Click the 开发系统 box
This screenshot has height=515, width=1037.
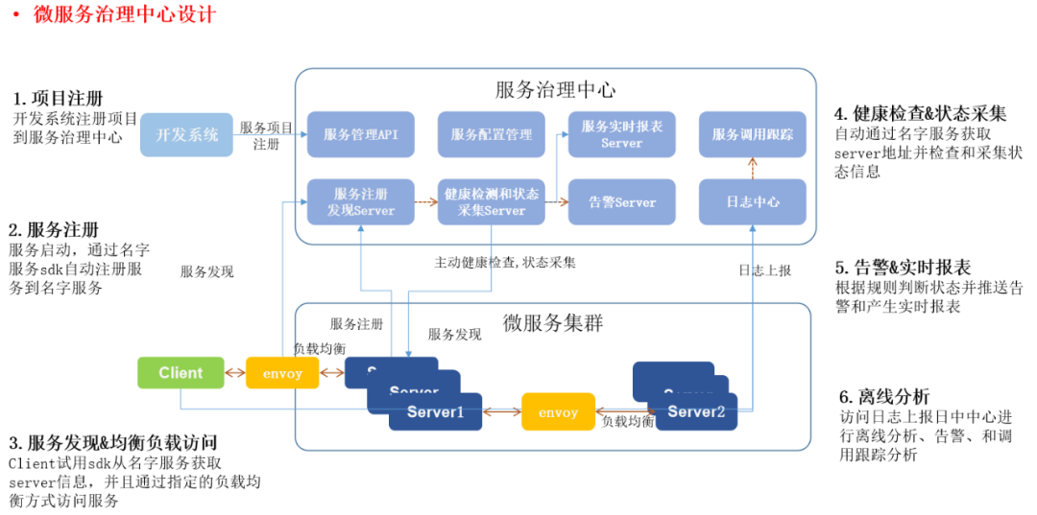pos(187,134)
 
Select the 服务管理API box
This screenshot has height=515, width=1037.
pos(360,134)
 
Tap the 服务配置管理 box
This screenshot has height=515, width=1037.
pos(491,134)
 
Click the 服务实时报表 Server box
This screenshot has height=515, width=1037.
pos(621,134)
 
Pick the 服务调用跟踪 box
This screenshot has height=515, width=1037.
pos(752,134)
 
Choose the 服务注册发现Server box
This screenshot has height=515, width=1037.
pos(360,201)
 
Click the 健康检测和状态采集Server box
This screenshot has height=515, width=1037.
pos(491,201)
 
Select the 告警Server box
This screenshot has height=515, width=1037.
pos(621,201)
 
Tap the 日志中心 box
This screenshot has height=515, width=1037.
pos(752,201)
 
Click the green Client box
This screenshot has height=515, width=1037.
pos(181,373)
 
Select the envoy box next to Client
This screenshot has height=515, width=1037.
pos(282,373)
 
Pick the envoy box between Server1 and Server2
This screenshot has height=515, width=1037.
pos(558,412)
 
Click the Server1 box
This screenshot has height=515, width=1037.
pos(436,412)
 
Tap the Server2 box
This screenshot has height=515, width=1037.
pos(696,412)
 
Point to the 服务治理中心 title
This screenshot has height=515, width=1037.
pos(555,90)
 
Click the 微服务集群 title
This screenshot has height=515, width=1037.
pos(553,322)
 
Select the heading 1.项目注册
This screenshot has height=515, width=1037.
pos(59,99)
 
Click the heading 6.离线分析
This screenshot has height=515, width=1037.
pos(884,396)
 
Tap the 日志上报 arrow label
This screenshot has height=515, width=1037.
pos(764,270)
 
